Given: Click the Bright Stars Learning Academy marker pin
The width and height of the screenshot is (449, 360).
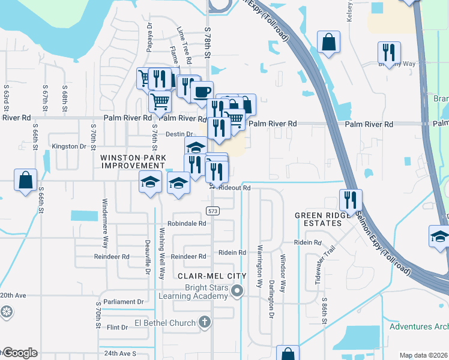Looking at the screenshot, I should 237,292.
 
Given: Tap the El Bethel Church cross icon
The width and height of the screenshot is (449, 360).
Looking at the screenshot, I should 204,323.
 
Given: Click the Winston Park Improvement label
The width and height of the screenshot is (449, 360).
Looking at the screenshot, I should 133,161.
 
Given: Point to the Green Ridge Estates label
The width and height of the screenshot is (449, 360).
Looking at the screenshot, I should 318,219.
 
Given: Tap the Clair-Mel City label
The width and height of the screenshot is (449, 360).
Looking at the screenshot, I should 212,275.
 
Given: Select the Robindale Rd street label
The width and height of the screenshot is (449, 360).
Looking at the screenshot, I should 187,223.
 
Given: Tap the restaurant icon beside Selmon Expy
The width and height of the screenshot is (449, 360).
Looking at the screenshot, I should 350,199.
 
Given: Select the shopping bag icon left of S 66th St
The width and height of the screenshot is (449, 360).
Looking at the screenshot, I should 26,179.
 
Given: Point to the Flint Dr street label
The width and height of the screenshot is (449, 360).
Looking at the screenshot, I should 118,328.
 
